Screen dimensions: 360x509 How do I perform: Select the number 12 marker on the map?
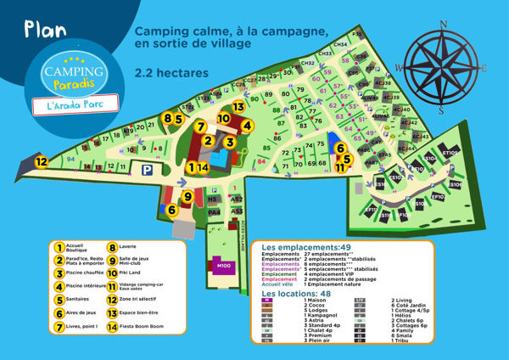click(x=41, y=160)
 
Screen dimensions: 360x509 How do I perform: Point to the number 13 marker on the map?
click(x=239, y=107)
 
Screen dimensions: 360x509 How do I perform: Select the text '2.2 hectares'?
click(x=172, y=73)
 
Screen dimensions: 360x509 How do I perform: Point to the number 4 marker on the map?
click(x=247, y=125)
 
